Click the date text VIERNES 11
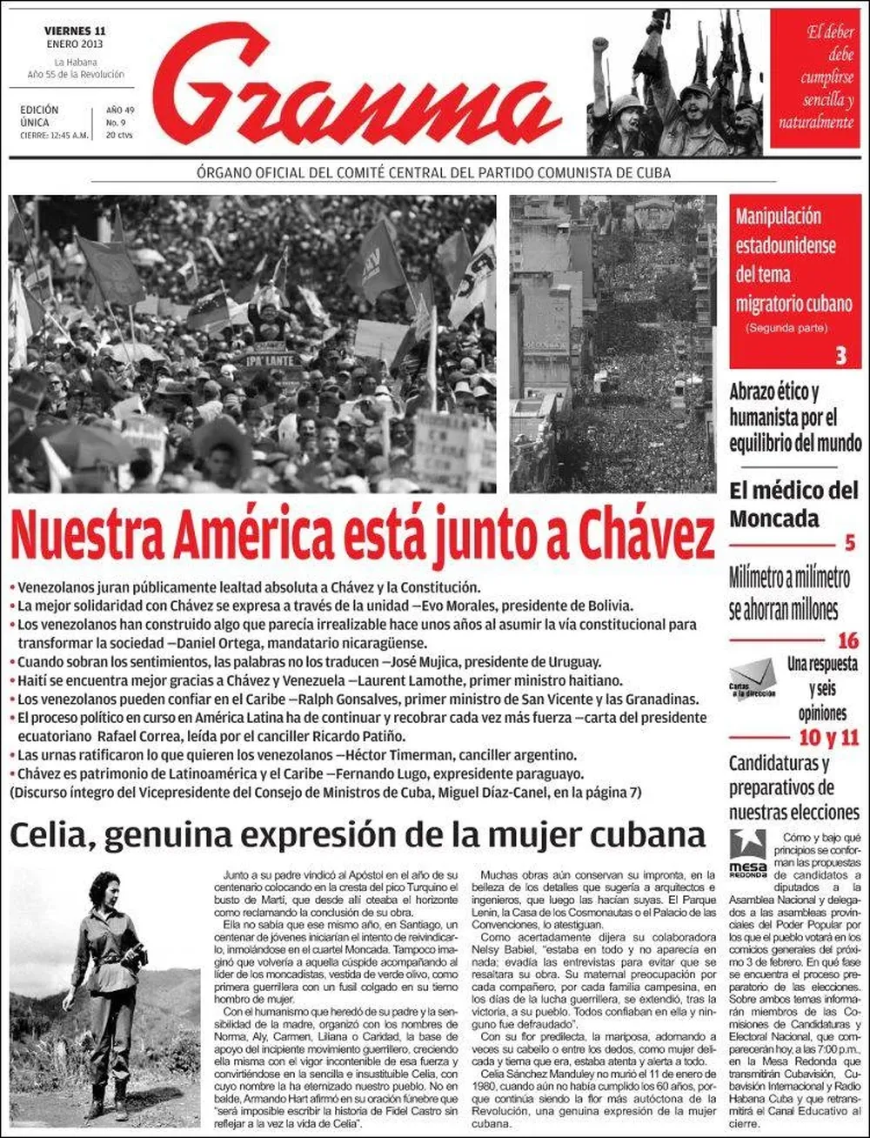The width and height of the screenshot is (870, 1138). tap(75, 31)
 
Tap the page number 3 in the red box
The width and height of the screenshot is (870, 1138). tap(840, 355)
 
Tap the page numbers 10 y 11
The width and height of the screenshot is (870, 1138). tap(828, 739)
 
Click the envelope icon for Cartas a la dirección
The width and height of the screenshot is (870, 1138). tap(752, 676)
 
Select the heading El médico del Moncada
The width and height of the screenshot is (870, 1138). tap(793, 504)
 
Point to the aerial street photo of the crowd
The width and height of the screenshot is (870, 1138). tap(612, 344)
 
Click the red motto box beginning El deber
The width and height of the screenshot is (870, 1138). tap(815, 78)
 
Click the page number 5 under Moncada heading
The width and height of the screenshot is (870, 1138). tap(850, 544)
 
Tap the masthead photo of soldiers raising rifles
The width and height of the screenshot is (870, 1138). tap(675, 83)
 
